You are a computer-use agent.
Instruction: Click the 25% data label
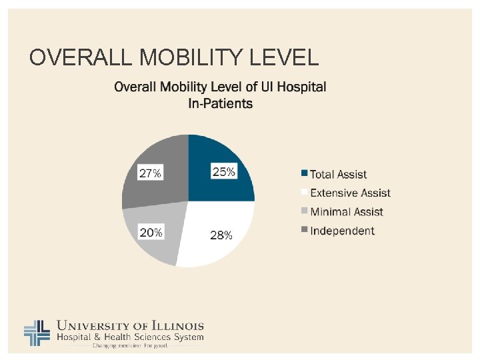click(223, 171)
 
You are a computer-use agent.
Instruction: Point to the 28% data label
click(221, 235)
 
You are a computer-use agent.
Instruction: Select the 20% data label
click(150, 233)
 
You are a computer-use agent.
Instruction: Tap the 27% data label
click(150, 173)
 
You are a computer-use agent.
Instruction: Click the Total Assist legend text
click(339, 175)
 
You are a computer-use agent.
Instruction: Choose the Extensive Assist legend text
click(351, 193)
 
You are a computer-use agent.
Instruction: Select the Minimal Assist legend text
click(347, 212)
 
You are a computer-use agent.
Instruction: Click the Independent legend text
click(343, 231)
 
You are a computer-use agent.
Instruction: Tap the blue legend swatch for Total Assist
click(305, 174)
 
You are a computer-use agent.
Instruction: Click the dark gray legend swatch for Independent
click(305, 230)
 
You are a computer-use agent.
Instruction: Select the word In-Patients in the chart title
click(221, 103)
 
